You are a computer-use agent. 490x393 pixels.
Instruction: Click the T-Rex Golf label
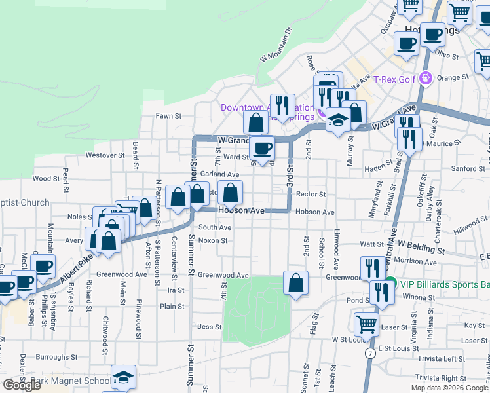pos(394,79)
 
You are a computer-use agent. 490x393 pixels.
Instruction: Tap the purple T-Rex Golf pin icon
pos(426,79)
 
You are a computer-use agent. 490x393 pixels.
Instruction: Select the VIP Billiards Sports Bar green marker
pos(390,284)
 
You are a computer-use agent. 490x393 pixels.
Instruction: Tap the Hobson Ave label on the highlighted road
pos(240,211)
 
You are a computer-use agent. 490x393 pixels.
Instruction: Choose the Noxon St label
pos(212,240)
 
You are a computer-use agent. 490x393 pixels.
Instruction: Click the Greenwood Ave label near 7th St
pos(223,276)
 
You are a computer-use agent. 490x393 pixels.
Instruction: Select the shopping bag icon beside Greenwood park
pos(296,283)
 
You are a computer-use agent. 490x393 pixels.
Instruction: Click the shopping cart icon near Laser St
pos(366,324)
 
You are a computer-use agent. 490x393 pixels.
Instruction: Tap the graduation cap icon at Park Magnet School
pos(123,377)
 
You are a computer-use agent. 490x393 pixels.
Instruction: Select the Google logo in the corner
pos(22,384)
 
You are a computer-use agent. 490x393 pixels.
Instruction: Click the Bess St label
pos(205,326)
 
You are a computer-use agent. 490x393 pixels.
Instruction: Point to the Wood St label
pos(46,178)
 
